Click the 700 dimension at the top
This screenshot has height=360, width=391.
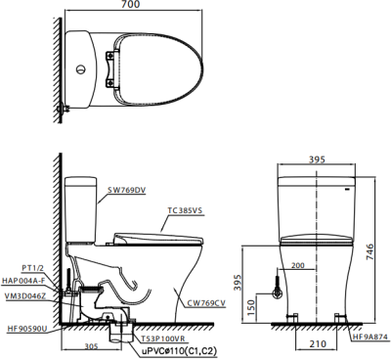point(132,4)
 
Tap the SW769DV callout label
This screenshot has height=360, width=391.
point(127,191)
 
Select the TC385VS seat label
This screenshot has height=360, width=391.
point(185,210)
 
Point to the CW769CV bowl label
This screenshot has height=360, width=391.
point(206,304)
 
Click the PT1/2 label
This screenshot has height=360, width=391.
point(32,268)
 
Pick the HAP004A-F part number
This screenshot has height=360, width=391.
point(22,281)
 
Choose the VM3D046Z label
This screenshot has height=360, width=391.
point(25,296)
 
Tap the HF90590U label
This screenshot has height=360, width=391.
point(26,330)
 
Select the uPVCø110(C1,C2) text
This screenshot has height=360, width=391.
point(179,351)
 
